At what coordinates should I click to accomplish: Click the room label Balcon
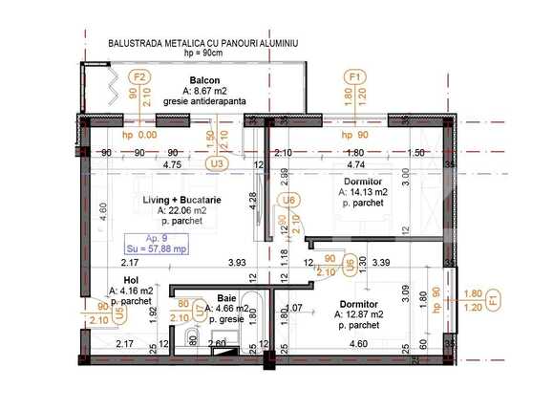(x=206, y=79)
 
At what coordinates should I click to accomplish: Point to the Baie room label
(x=225, y=297)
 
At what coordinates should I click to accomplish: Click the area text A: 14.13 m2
(x=363, y=192)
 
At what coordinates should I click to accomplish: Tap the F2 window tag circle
(x=139, y=76)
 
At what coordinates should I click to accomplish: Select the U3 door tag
(x=218, y=163)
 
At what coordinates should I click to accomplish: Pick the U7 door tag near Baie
(x=198, y=310)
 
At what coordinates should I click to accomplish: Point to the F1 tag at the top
(x=354, y=76)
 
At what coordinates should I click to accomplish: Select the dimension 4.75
(x=172, y=164)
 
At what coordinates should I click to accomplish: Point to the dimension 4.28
(x=252, y=202)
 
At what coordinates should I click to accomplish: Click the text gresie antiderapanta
(x=205, y=100)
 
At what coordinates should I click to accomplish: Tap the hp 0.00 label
(x=139, y=135)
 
